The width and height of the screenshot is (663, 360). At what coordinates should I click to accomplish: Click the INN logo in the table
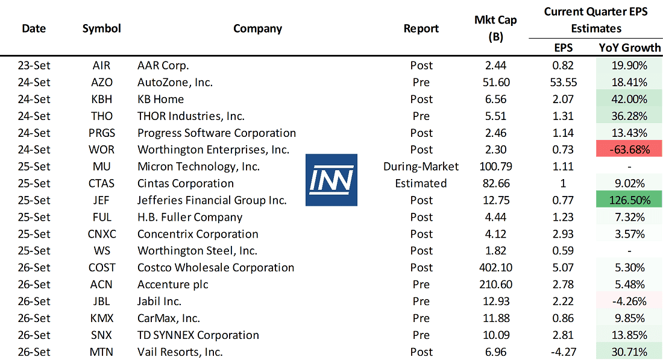coord(331,180)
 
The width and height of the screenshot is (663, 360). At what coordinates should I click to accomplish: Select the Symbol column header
coord(102,28)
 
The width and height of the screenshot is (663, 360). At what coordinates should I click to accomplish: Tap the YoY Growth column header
coord(630,48)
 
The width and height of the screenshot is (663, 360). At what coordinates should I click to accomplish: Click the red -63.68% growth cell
coord(629,150)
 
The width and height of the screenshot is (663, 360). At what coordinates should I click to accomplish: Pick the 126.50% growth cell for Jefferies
coord(629,200)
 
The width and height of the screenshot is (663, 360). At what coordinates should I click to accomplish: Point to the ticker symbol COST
coord(102,268)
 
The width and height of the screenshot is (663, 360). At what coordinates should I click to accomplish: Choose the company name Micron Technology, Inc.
coord(198,166)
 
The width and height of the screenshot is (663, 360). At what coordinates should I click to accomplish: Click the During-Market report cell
coord(421,166)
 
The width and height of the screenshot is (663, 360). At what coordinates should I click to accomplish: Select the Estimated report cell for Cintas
coord(421,183)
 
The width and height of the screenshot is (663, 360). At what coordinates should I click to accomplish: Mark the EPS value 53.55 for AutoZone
coord(564,82)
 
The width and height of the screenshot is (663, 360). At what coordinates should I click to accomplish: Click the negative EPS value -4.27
coord(564,352)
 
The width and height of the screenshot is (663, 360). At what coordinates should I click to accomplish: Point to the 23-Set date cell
coord(34,65)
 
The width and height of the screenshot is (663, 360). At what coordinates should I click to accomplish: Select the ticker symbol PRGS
coord(102,133)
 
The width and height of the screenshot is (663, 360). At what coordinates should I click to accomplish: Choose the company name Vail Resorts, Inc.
coord(180,352)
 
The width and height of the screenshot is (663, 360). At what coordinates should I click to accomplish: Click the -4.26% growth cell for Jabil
coord(629,302)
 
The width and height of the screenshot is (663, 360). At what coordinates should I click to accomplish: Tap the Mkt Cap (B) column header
coord(495,28)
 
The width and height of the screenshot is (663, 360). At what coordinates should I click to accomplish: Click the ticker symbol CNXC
coord(102,234)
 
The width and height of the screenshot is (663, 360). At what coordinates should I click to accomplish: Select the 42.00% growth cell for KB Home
coord(629,99)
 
